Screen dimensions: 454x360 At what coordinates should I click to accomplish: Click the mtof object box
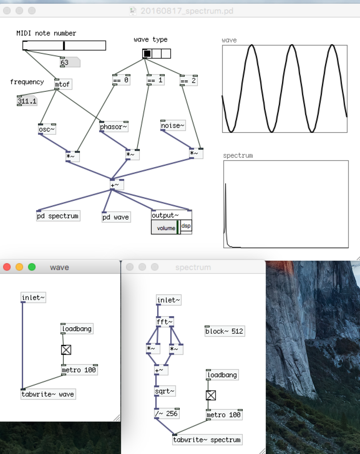[63, 84]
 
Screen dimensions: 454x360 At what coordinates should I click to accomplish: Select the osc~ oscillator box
[47, 129]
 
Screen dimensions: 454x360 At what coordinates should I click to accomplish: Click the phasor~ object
[114, 127]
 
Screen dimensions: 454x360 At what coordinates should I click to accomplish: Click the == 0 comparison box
[121, 80]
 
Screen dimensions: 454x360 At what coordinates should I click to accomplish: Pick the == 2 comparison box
[188, 80]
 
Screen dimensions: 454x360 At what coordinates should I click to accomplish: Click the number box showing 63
[70, 63]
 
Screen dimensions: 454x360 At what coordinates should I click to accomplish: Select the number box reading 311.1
[27, 101]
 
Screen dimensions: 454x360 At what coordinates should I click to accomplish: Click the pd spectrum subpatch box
[58, 216]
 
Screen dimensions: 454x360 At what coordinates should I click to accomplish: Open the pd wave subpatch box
[116, 217]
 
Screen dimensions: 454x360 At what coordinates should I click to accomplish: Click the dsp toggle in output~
[186, 226]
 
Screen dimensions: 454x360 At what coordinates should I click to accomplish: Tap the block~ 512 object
[224, 331]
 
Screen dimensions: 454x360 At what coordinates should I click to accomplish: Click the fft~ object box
[165, 322]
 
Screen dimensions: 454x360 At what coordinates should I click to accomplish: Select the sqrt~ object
[165, 391]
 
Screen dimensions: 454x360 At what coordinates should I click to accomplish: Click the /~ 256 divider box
[167, 414]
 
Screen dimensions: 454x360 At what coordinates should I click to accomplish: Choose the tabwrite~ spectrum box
[207, 439]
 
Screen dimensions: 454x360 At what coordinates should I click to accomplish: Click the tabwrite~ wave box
[48, 394]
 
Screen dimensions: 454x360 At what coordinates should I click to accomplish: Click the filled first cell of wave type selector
[147, 54]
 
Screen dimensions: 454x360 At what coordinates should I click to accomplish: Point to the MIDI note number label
[46, 33]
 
